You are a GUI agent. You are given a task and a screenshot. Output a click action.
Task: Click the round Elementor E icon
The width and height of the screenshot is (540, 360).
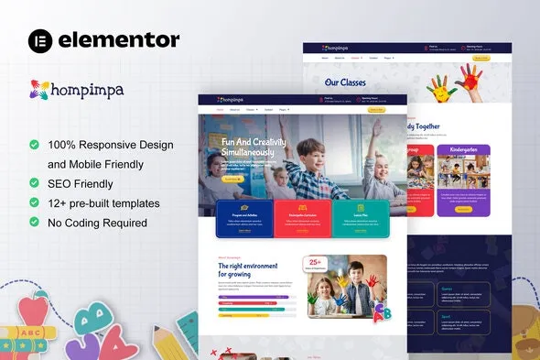[39, 39]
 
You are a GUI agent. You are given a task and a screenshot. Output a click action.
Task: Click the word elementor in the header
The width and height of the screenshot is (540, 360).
[119, 39]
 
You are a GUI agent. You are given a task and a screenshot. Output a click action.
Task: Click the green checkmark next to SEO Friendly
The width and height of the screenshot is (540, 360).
[34, 183]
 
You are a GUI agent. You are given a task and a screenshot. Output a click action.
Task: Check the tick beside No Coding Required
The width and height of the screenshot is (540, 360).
[34, 222]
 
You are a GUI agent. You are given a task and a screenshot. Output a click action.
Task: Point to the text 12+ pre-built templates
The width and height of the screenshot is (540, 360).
[104, 202]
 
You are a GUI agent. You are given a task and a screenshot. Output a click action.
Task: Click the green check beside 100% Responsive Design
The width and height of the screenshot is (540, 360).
[34, 145]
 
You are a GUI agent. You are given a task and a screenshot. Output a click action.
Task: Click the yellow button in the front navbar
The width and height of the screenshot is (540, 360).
[376, 109]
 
